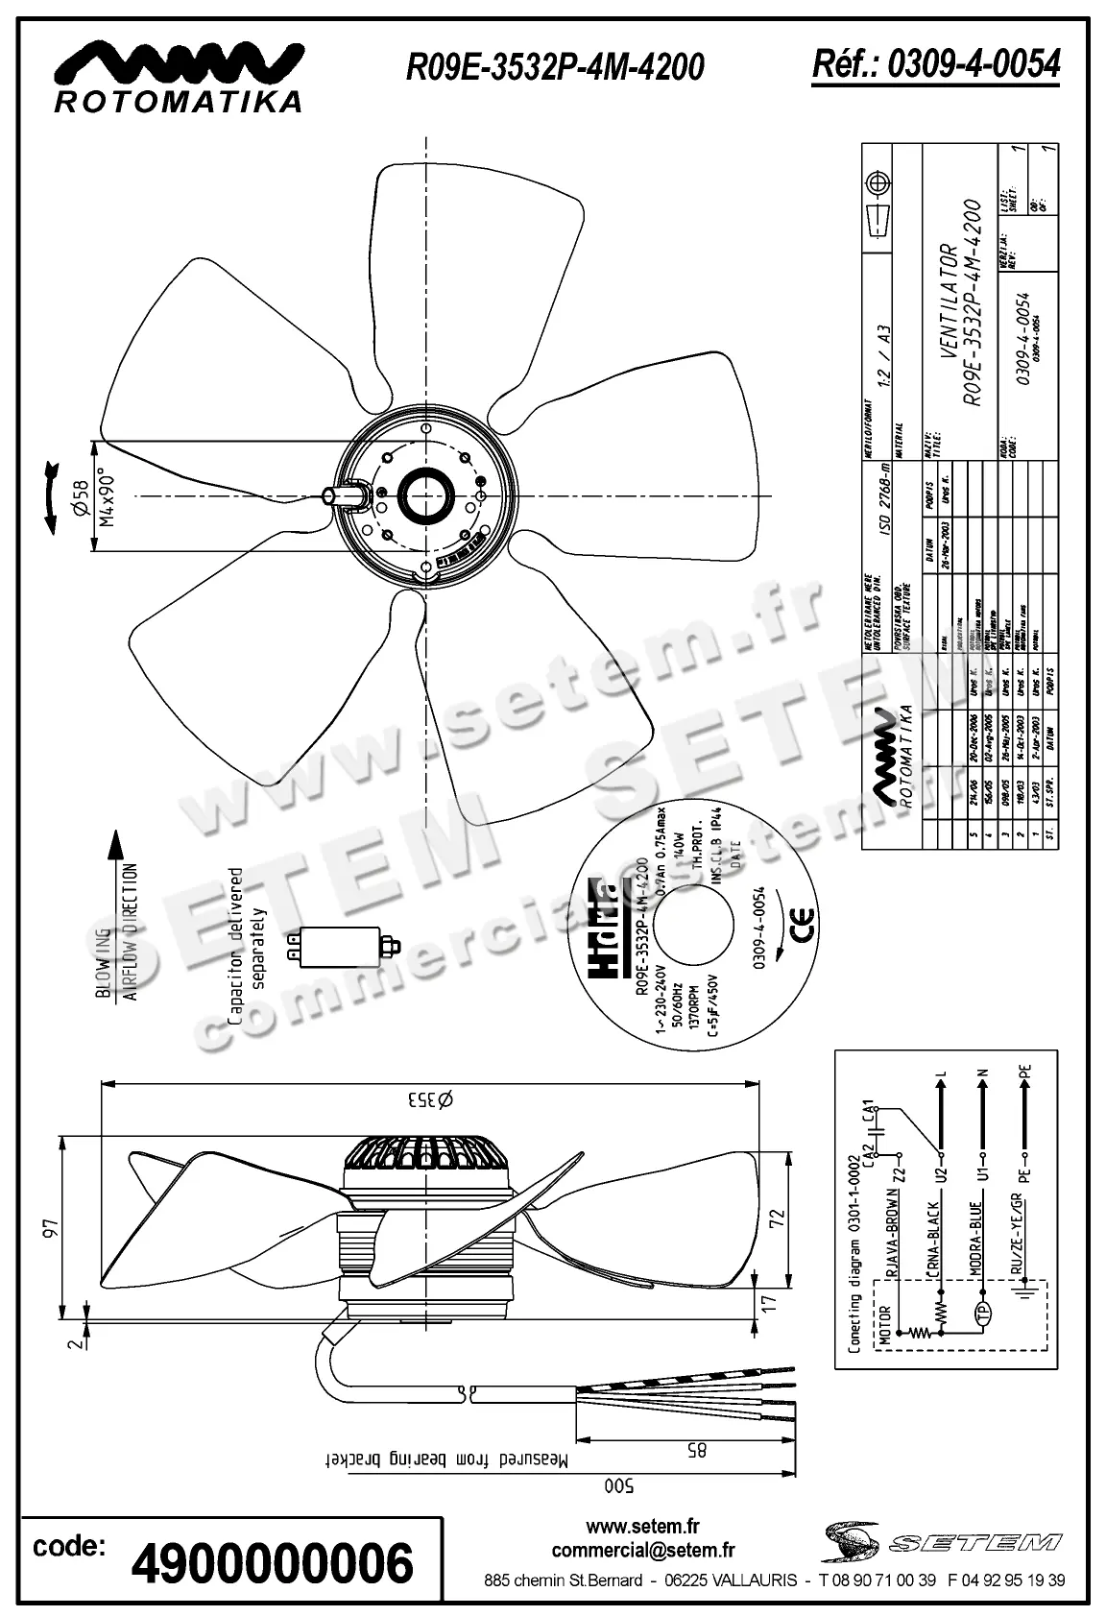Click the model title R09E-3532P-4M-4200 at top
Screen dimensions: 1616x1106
click(555, 66)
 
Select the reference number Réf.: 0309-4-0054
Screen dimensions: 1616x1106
click(936, 63)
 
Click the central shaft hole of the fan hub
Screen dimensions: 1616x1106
click(423, 496)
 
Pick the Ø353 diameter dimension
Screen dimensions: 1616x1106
click(427, 1099)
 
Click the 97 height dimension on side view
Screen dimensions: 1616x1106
click(52, 1228)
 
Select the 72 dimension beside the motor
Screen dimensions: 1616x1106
click(779, 1218)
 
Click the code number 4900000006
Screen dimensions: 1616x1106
click(273, 1562)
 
